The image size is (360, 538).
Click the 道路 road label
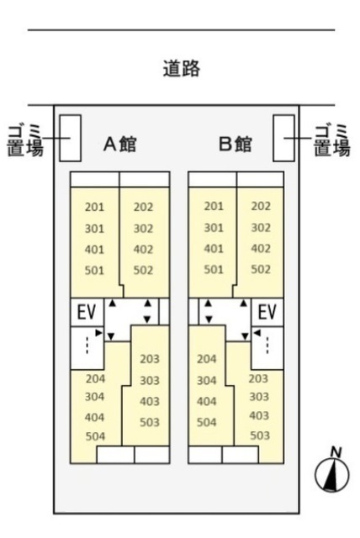[x=181, y=68]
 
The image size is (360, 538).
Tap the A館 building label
[x=119, y=144]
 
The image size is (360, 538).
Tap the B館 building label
[x=236, y=144]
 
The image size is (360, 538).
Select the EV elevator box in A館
[x=87, y=312]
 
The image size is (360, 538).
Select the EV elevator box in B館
[x=267, y=312]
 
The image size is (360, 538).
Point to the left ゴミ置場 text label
[x=25, y=141]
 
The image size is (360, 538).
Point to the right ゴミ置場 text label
[x=332, y=141]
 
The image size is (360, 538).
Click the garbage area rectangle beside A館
[x=71, y=138]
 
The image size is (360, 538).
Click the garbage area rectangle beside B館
[x=283, y=138]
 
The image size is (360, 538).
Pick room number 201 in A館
[x=94, y=208]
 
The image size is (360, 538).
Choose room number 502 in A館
[x=143, y=271]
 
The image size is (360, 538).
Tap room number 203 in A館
[x=150, y=359]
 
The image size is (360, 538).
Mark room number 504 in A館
[x=95, y=436]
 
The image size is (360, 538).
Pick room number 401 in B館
[x=214, y=249]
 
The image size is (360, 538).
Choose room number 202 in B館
[x=261, y=206]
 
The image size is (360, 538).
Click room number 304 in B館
[x=207, y=380]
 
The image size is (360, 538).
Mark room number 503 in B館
[x=260, y=435]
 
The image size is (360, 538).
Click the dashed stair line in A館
[x=87, y=345]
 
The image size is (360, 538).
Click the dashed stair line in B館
[x=267, y=345]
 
